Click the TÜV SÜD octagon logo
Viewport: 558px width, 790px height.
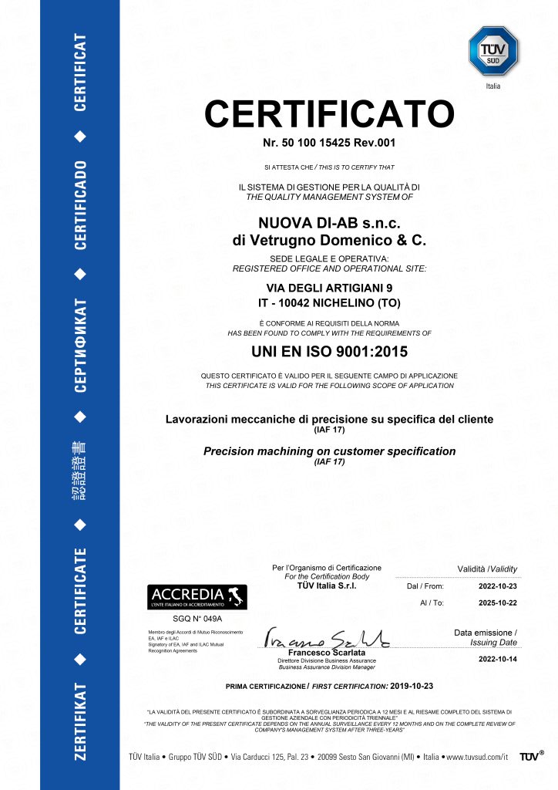(493, 51)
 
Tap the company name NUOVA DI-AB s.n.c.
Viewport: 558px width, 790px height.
(329, 223)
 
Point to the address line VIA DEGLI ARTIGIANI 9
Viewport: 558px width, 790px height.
(329, 287)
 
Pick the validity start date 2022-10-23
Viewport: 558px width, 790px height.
(497, 586)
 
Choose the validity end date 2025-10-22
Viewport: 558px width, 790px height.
(497, 603)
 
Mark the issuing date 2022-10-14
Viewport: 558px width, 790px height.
(497, 659)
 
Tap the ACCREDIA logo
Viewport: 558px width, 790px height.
(197, 597)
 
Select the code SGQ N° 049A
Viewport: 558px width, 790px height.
(197, 619)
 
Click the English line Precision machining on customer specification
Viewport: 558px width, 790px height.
(329, 451)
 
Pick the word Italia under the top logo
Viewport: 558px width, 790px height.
(493, 86)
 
